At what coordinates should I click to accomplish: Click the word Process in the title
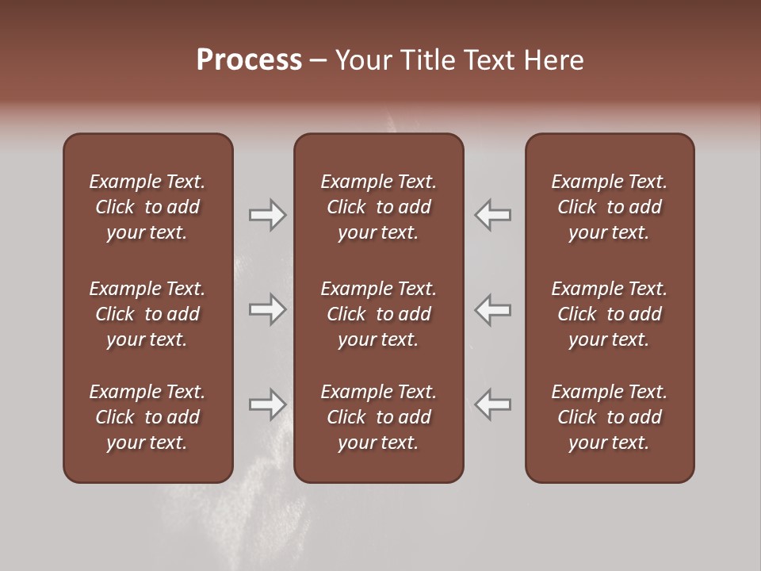pos(249,60)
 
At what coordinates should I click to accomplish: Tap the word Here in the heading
pos(554,60)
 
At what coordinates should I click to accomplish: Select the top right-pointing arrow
pos(267,215)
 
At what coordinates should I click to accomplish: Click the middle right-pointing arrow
pos(267,309)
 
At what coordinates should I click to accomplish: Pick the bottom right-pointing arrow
pos(267,404)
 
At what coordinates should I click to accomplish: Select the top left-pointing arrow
pos(493,215)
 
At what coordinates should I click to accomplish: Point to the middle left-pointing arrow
pos(493,309)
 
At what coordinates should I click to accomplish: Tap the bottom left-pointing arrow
pos(493,404)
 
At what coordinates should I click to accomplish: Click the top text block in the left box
pos(147,207)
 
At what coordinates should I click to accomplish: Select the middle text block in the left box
pos(147,314)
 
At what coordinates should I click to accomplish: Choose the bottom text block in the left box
pos(147,417)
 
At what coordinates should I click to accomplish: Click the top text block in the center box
pos(378,207)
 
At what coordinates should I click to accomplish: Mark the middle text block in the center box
pos(378,314)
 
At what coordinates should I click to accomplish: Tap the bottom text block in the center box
pos(378,417)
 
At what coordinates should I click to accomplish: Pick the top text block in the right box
pos(609,207)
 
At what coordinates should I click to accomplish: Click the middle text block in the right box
pos(609,314)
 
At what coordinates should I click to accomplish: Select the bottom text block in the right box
pos(609,417)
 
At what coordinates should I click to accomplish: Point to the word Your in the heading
pos(364,60)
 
